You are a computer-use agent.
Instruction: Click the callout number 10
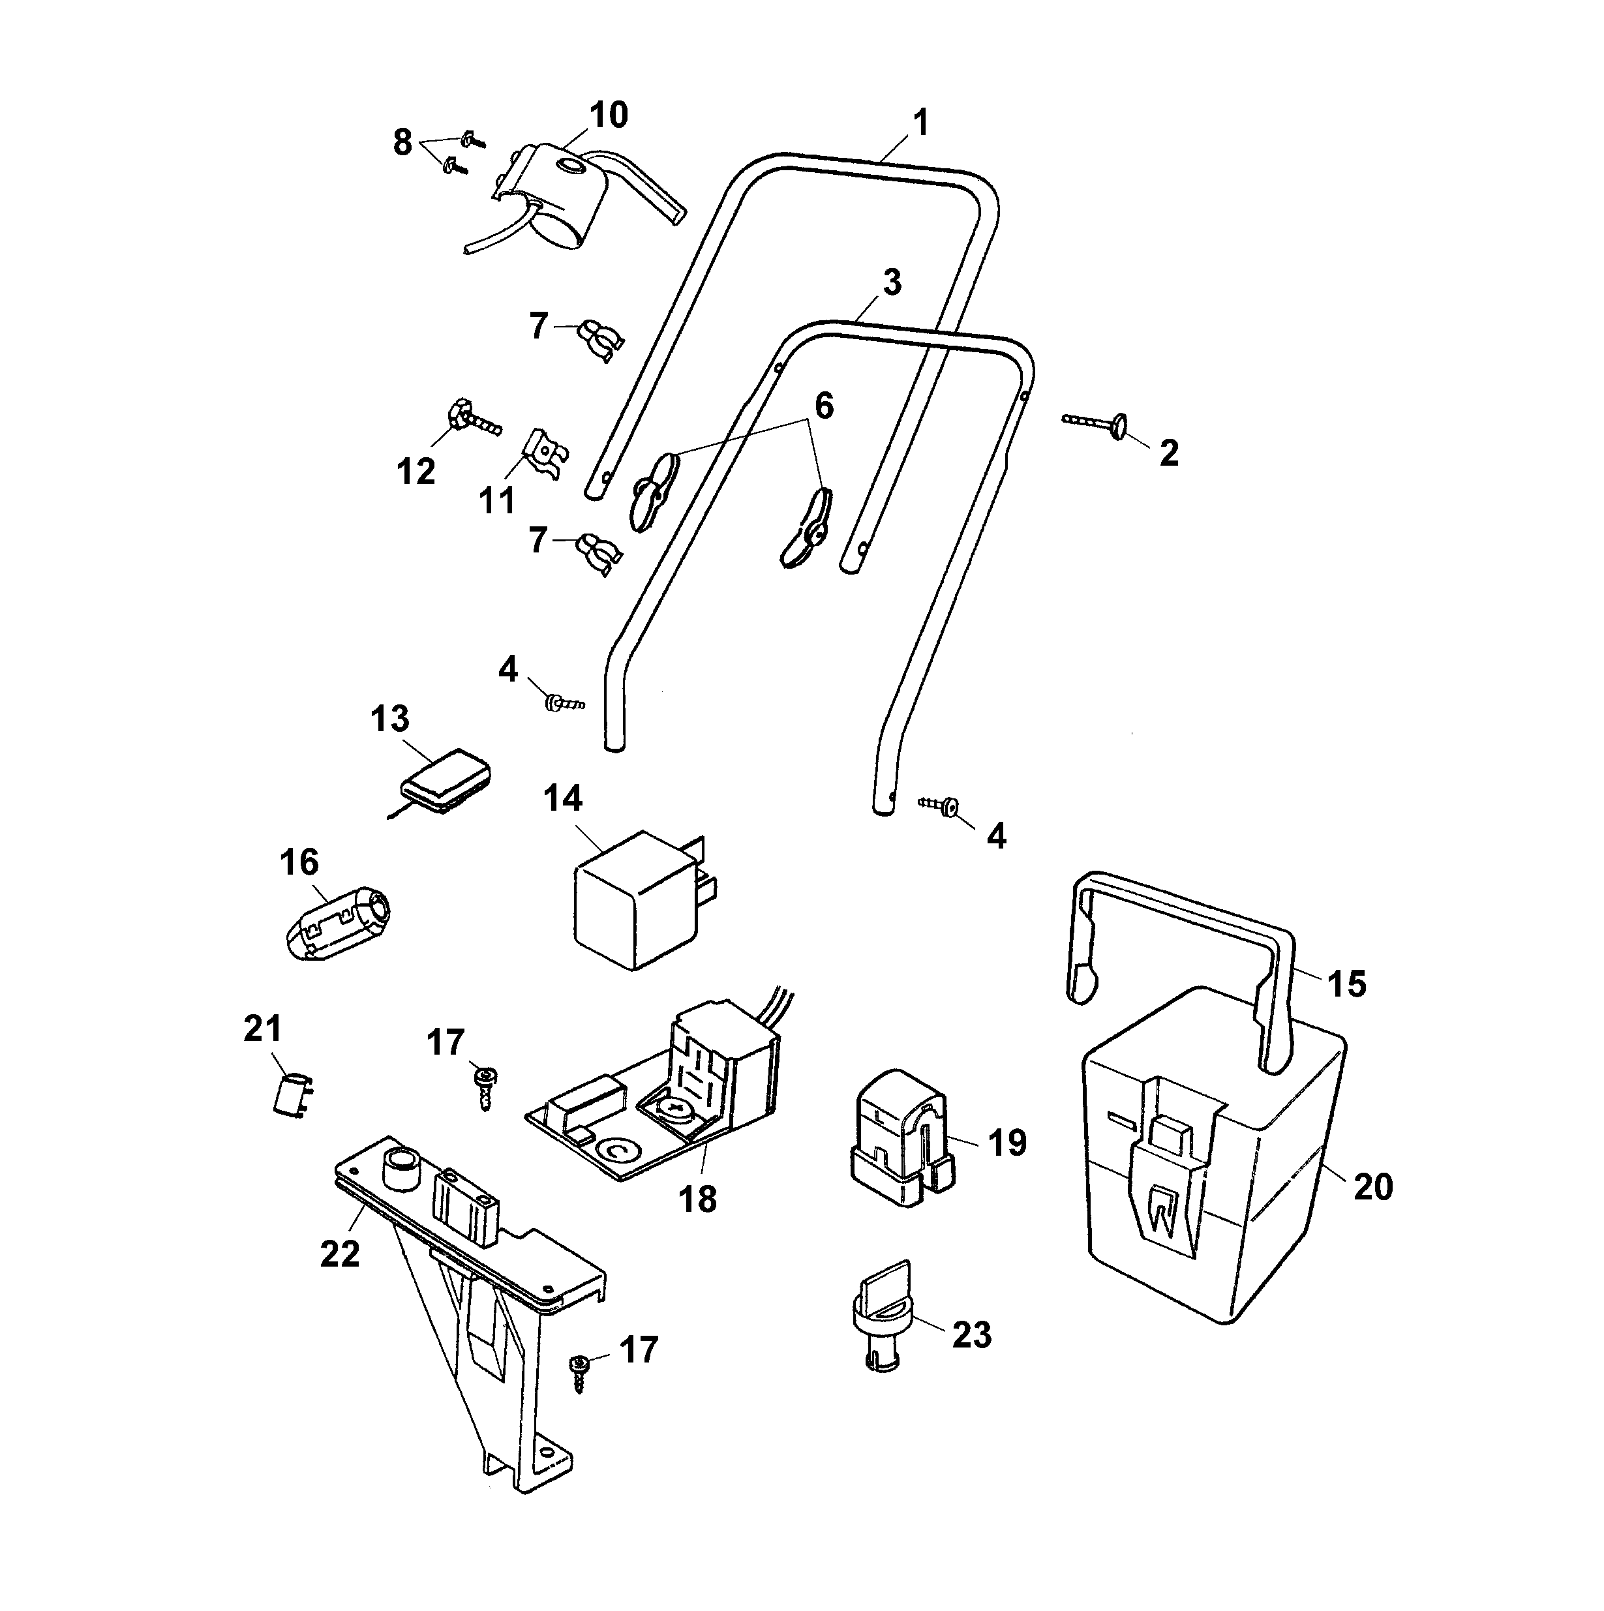[608, 115]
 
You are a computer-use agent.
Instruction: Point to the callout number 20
[1372, 1186]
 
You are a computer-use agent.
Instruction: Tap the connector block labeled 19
[901, 1139]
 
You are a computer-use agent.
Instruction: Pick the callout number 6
[823, 406]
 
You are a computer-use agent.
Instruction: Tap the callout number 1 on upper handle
[919, 123]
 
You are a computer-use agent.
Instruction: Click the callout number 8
[403, 143]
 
